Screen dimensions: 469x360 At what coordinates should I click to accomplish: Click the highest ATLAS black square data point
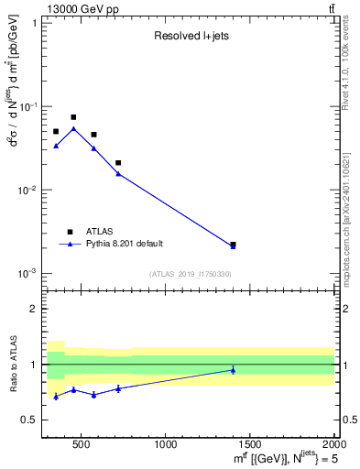73,117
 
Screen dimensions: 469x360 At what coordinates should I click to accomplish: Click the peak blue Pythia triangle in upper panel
73,129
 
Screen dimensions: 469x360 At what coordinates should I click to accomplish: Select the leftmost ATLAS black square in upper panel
56,132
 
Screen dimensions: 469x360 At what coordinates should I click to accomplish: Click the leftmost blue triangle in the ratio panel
56,396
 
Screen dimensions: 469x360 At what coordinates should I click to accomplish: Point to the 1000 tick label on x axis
166,445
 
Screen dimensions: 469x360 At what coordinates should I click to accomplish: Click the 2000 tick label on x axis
332,445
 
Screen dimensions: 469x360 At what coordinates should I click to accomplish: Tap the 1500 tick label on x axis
250,445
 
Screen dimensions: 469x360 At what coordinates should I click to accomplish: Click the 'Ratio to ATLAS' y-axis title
12,364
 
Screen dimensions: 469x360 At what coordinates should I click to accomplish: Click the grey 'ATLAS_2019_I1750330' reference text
190,274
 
